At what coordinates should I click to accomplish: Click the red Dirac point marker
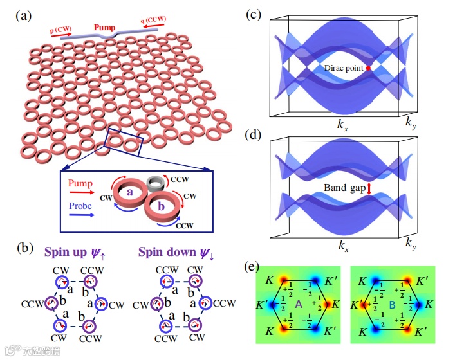click(x=368, y=68)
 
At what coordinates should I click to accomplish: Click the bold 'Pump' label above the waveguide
click(x=105, y=28)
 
